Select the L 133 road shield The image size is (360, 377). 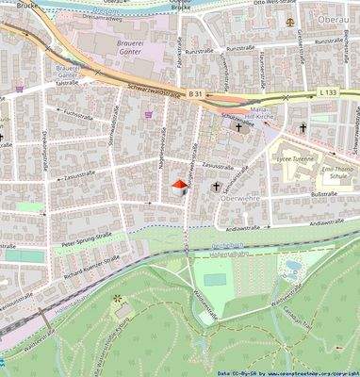click(x=326, y=92)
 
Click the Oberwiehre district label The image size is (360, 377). click(x=237, y=199)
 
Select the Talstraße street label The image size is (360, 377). click(x=66, y=83)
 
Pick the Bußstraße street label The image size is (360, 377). click(x=323, y=193)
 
